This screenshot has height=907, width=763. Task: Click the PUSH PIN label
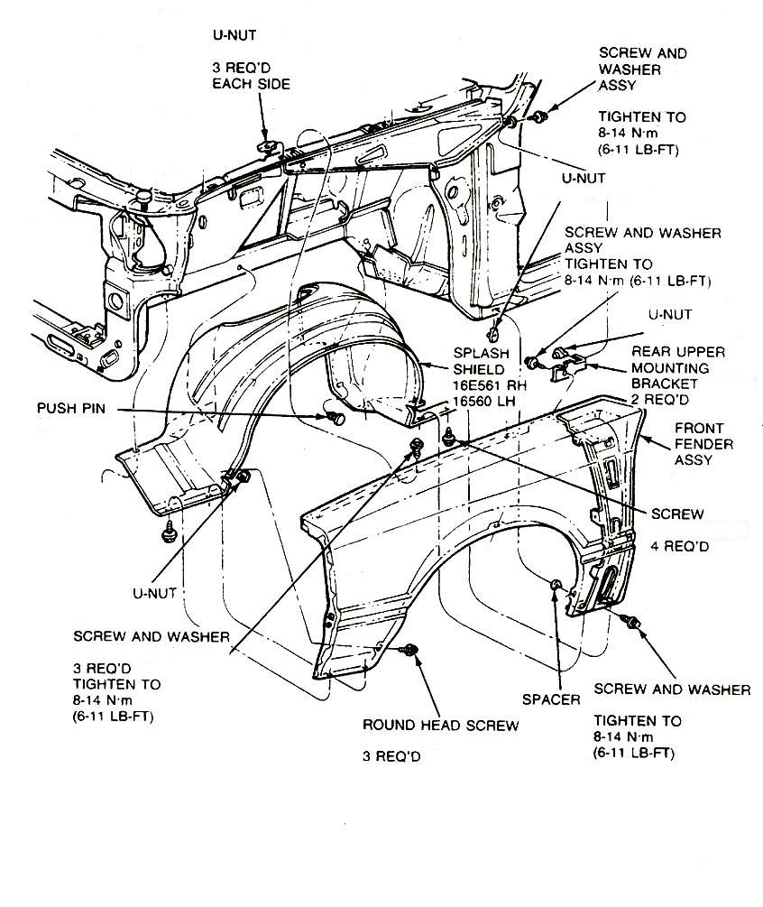point(69,408)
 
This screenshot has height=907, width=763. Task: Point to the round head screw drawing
point(412,650)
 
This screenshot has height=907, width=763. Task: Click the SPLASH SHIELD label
point(482,360)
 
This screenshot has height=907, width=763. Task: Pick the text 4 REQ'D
point(681,547)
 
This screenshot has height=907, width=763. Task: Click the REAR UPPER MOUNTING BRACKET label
point(690,368)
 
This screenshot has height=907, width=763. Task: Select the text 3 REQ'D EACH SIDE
point(252,75)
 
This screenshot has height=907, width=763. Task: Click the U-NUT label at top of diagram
point(234,35)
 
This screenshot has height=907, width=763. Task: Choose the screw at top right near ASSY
point(539,117)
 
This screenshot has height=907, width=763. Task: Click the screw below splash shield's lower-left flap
point(167,535)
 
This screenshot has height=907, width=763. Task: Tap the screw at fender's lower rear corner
point(633,622)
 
